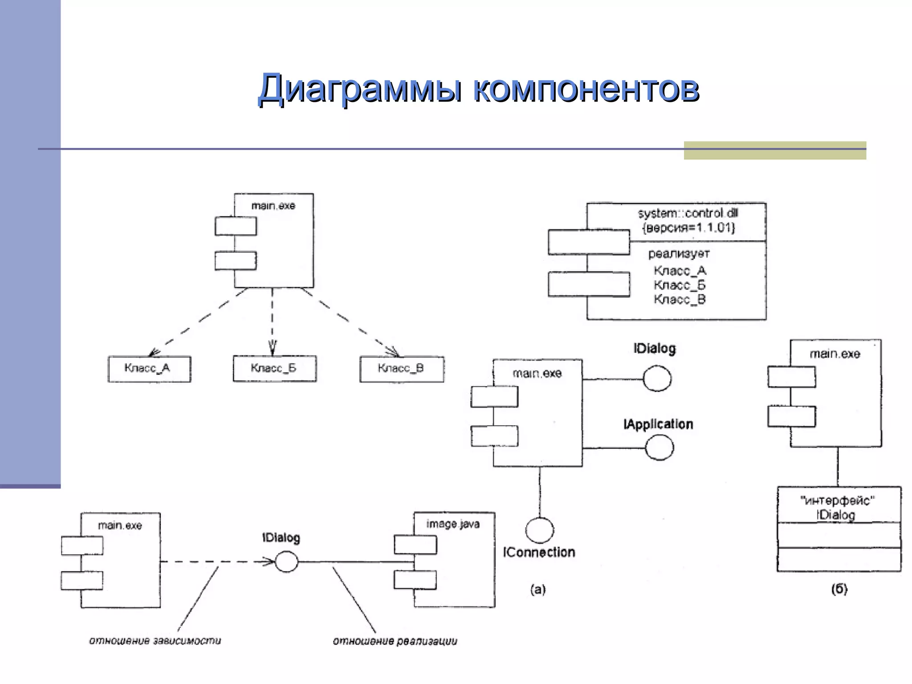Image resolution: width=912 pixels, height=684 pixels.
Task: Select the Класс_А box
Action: [149, 369]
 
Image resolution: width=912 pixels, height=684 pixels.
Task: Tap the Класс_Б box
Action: [274, 368]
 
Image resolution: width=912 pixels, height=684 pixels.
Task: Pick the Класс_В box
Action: [401, 369]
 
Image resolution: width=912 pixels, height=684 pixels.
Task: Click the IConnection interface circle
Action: [539, 530]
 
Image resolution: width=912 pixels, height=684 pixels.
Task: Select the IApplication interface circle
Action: [659, 448]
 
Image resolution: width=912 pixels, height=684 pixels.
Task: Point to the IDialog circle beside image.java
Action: [286, 562]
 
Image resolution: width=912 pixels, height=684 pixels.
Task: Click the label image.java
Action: [452, 524]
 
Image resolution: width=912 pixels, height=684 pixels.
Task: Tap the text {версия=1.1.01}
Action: [688, 228]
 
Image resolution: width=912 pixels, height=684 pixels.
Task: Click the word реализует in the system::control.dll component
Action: [679, 254]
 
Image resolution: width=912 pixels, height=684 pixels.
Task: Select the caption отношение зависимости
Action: [155, 641]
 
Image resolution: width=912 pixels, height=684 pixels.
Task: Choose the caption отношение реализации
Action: [395, 641]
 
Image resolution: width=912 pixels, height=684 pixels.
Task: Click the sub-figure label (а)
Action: [537, 590]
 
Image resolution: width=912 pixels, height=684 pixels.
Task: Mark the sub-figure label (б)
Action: [839, 589]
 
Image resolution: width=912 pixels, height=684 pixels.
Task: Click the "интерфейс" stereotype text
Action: [837, 501]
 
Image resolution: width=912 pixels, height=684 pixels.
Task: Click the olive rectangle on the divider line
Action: [774, 151]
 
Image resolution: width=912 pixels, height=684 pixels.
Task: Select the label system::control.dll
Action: [688, 213]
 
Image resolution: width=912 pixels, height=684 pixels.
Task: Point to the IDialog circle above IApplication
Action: [657, 379]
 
